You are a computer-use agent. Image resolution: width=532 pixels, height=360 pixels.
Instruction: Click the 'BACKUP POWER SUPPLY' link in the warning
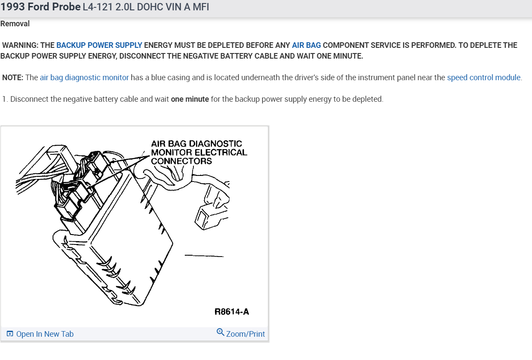(99, 45)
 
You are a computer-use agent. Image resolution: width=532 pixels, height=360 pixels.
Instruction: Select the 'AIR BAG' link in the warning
(306, 45)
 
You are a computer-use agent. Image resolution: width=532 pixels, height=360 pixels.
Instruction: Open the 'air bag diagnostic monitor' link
(84, 78)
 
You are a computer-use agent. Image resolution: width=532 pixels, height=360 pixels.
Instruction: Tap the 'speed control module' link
(484, 78)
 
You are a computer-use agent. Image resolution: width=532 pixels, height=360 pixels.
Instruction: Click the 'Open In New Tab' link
(45, 334)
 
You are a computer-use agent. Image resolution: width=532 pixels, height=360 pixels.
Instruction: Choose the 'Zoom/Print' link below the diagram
(246, 334)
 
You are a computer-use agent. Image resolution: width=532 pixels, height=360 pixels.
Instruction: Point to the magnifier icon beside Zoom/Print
(220, 332)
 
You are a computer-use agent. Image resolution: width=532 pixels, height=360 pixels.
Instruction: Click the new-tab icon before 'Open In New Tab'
(10, 334)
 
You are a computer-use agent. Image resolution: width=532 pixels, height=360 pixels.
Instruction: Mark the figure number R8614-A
(232, 312)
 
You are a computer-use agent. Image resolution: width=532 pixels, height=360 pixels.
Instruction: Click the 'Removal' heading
(15, 24)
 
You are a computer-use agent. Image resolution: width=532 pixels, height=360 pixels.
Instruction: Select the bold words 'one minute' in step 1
(190, 99)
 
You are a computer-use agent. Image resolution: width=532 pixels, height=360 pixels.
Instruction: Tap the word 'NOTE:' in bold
(13, 78)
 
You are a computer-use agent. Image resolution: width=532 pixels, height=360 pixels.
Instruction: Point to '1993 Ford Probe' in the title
(40, 7)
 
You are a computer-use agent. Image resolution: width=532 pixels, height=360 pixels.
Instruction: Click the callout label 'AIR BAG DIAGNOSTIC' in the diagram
(196, 144)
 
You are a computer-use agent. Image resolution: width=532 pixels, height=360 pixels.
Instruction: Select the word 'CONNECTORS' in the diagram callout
(181, 161)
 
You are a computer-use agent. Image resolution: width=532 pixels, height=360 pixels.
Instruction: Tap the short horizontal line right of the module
(204, 256)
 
